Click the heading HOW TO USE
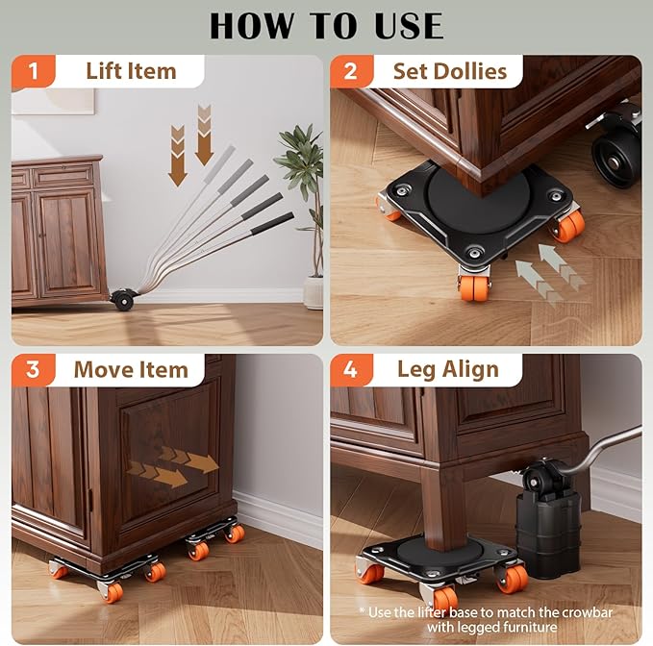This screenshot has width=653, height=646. pos(326,25)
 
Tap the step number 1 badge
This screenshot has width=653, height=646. pos(34,71)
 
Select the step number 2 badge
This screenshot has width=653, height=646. pos(351,71)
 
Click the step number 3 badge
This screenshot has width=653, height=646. pos(34,370)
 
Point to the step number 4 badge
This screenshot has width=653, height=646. pos(351,370)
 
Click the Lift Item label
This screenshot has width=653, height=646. pos(131,71)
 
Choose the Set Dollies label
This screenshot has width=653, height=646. pos(449,71)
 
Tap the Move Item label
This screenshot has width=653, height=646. pos(131,370)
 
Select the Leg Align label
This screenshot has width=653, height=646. pos(447,370)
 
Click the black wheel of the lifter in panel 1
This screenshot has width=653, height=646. pos(122,300)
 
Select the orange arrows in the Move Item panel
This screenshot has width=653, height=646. pos(173,465)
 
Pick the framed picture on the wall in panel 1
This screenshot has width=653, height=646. pos(53,100)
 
